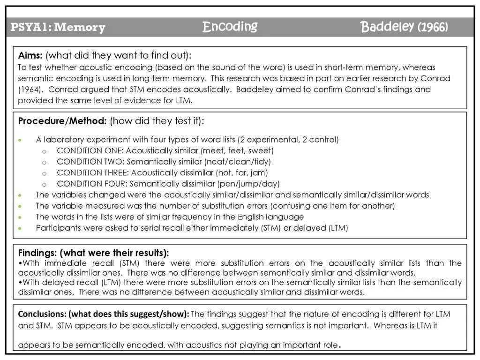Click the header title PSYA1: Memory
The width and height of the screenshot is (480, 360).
[x=58, y=28]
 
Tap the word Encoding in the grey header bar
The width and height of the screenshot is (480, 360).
[x=230, y=27]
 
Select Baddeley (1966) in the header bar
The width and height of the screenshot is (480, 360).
[x=404, y=27]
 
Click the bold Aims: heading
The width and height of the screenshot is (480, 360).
[x=30, y=55]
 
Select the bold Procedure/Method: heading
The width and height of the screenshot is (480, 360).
[x=62, y=121]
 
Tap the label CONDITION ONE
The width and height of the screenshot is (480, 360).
[x=89, y=150]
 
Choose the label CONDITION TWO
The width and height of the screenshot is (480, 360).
[x=89, y=162]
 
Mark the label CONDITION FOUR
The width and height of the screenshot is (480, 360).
[x=91, y=184]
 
